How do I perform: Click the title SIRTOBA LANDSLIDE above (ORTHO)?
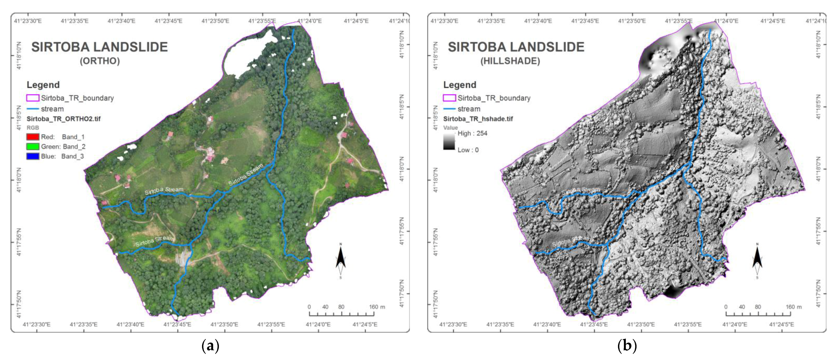99,47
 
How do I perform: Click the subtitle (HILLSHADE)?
510,61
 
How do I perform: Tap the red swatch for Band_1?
33,137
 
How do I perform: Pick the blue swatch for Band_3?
33,156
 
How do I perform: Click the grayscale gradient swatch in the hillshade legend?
449,142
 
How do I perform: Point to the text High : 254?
472,133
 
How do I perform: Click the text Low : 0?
468,150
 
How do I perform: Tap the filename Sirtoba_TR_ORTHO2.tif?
63,119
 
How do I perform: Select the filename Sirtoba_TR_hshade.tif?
478,119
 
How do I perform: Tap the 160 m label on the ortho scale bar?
377,307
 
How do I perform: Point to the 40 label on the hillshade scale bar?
742,307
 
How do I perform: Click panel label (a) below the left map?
210,346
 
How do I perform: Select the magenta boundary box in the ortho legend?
33,98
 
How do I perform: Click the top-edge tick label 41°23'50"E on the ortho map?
215,21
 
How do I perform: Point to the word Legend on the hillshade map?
459,85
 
